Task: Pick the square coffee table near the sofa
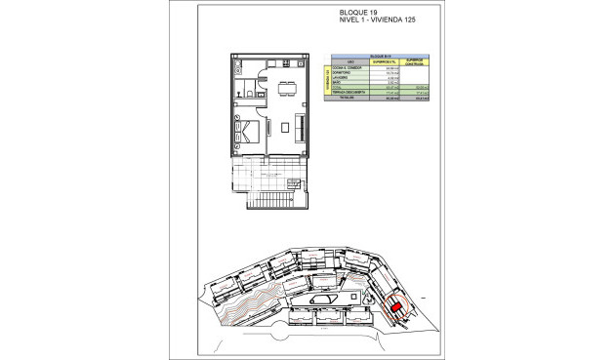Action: point(284,127)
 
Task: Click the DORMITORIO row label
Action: point(345,72)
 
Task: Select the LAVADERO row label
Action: point(343,78)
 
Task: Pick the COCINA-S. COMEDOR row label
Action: point(348,67)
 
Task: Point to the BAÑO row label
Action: point(338,83)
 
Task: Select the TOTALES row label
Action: point(345,99)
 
